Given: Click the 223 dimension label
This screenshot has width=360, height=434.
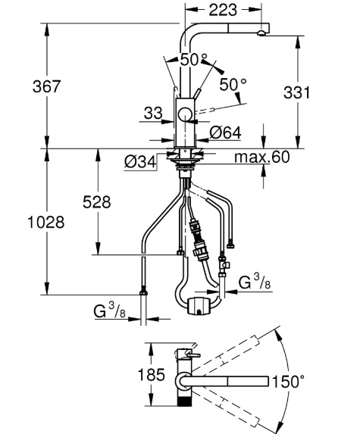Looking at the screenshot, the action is coord(223,10).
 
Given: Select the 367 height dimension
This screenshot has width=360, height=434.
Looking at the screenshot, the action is coord(46,86).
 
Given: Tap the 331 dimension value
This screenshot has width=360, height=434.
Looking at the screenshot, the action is coord(296,92).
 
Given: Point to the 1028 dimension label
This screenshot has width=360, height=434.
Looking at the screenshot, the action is coord(46,222).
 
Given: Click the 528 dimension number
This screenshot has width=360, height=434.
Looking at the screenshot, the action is coord(97,201).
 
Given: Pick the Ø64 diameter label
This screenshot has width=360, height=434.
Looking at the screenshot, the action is coord(225,133).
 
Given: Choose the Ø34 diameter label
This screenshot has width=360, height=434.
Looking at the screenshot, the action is coord(140,161).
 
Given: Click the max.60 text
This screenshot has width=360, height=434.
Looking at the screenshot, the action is coord(262,157).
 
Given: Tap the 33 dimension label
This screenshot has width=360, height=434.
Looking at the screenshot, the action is coord(153,113).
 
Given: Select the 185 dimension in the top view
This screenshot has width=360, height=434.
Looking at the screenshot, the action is coord(152,376).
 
